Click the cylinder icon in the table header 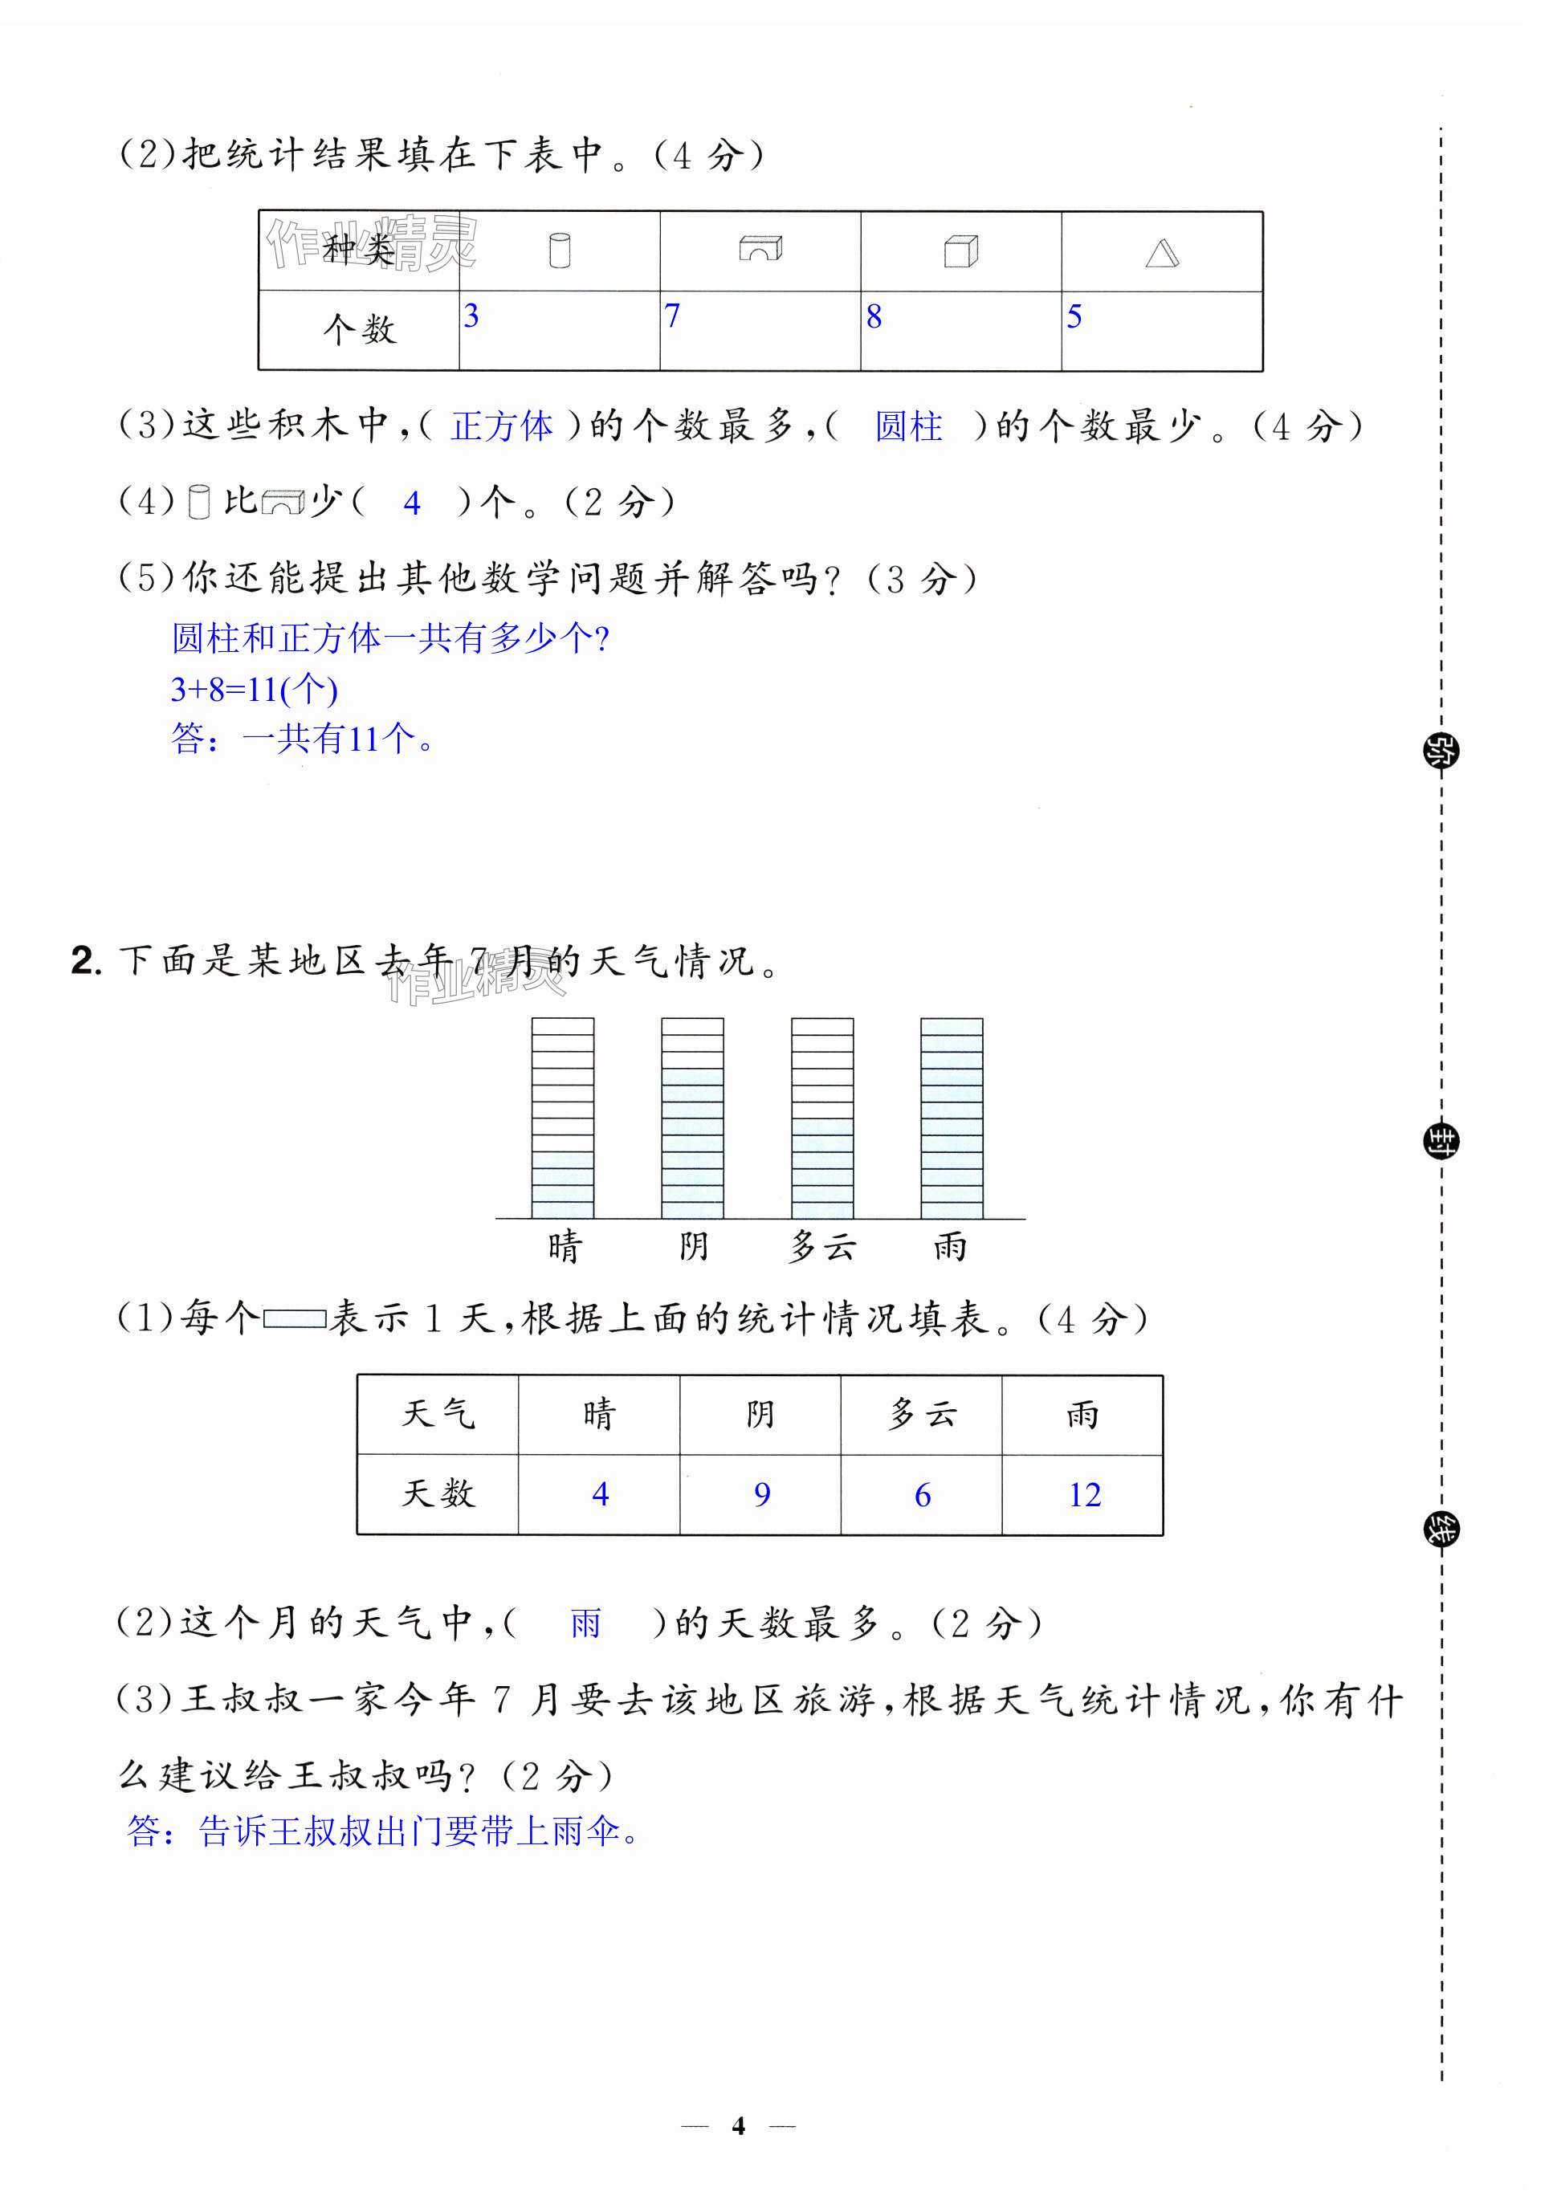(x=559, y=251)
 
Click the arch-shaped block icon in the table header (x=760, y=249)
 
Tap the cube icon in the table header (x=960, y=251)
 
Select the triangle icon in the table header (x=1162, y=254)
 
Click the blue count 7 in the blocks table (x=671, y=316)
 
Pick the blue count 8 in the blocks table (x=874, y=317)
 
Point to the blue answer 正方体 (x=502, y=426)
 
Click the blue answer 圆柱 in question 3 (x=908, y=426)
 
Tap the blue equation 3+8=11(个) (x=255, y=689)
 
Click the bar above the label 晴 (x=563, y=1118)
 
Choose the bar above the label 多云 (x=821, y=1118)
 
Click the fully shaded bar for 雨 (x=952, y=1118)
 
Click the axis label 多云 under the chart (x=821, y=1247)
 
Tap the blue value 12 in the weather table (x=1085, y=1494)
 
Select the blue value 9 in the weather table (x=762, y=1494)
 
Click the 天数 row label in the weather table (x=438, y=1493)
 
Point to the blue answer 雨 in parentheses (x=585, y=1623)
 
